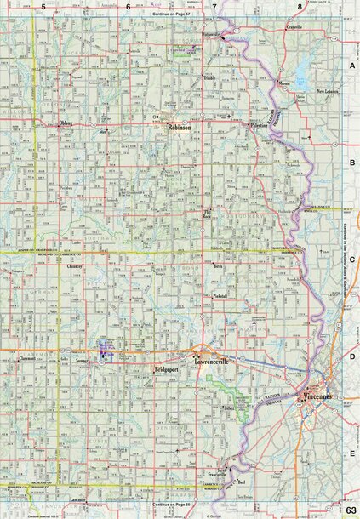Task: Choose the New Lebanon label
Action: [328, 91]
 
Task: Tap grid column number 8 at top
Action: [300, 6]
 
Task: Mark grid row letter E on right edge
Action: [351, 454]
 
